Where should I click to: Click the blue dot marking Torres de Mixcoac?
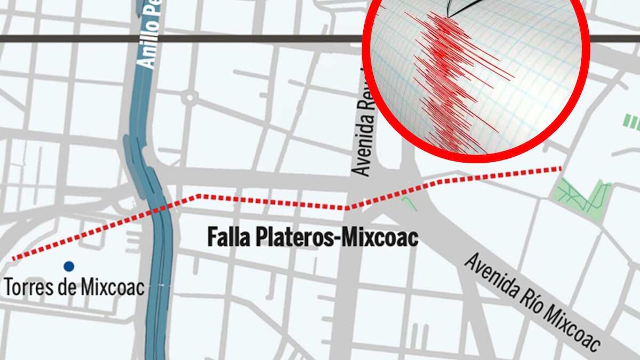pos(68,266)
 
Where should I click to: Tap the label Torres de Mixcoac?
pos(74,287)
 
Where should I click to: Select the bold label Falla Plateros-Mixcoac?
pos(312,237)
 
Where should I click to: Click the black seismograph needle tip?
pos(449,15)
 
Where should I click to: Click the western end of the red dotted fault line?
pos(14,259)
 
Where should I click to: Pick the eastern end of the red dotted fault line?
pos(560,169)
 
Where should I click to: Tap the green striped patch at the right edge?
pos(631,123)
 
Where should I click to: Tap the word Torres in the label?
pos(27,287)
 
